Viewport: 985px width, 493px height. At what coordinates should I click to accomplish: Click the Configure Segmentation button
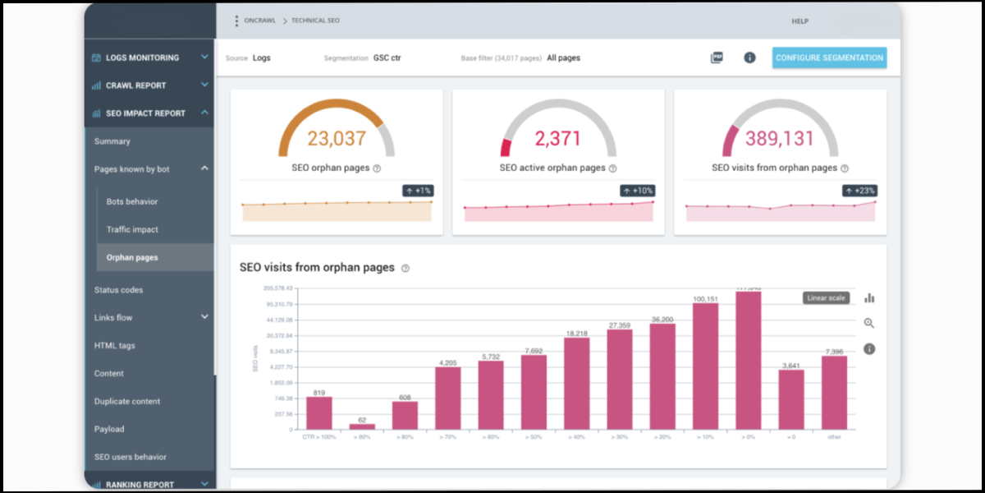[829, 58]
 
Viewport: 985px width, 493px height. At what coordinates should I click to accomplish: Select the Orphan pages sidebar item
[132, 257]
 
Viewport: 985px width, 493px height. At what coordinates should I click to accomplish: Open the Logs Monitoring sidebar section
[142, 58]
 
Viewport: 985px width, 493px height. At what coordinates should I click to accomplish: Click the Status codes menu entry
[118, 289]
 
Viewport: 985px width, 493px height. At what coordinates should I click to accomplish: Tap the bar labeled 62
[362, 426]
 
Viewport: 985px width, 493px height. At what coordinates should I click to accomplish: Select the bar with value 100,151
[705, 366]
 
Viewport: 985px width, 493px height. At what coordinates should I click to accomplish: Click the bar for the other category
[833, 392]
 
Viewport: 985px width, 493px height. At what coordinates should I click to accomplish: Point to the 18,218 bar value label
[576, 333]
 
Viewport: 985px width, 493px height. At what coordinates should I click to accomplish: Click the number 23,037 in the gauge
[337, 139]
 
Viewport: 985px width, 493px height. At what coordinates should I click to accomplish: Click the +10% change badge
[637, 191]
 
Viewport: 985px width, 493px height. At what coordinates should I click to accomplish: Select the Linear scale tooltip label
[825, 297]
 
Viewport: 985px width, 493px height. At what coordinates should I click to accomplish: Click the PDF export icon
[717, 58]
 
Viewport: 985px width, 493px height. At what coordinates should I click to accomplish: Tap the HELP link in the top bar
[800, 21]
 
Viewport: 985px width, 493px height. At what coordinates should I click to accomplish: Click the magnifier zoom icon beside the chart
[869, 323]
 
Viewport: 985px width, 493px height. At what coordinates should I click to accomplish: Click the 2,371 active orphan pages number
[558, 139]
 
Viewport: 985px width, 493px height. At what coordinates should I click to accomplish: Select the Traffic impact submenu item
[132, 229]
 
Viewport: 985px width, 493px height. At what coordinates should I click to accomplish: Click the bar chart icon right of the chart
[869, 297]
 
